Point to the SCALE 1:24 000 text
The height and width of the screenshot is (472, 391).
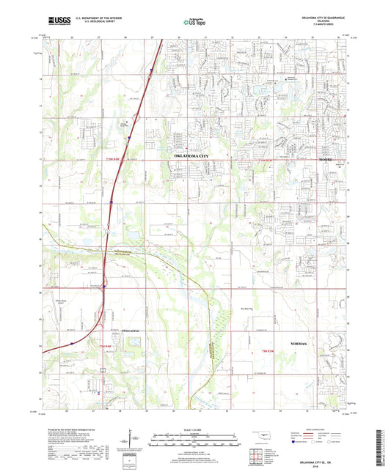tap(195, 429)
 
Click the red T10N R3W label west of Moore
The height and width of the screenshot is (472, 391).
tap(255, 158)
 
